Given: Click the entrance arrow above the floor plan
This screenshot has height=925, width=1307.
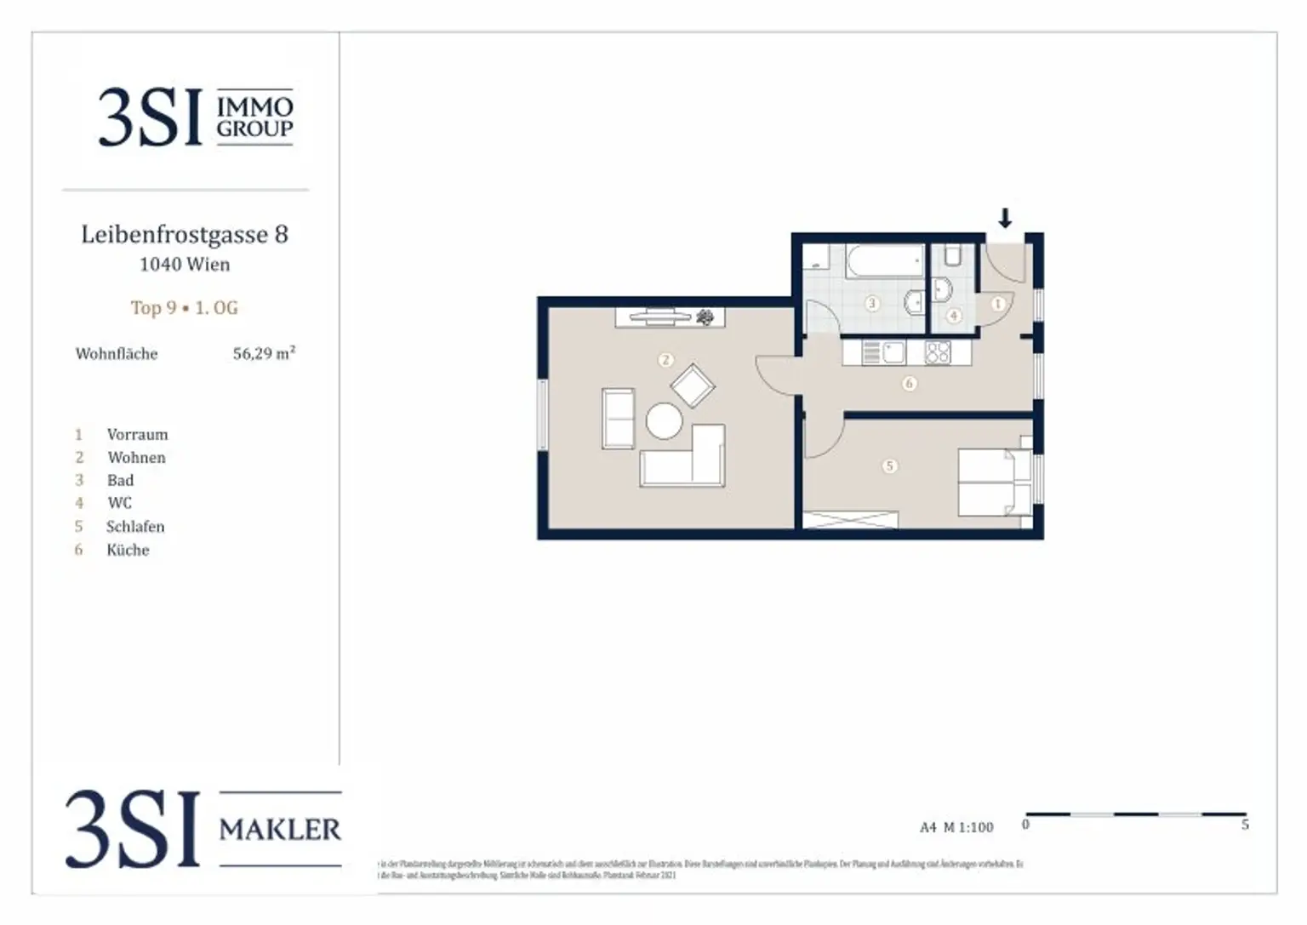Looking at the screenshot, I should click(1005, 218).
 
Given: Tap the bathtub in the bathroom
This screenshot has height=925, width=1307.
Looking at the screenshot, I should click(884, 260).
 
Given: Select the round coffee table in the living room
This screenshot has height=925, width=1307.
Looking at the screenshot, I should click(664, 420).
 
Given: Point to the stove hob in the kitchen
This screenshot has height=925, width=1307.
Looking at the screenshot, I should click(937, 352).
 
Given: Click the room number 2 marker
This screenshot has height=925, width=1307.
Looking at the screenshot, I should click(665, 361).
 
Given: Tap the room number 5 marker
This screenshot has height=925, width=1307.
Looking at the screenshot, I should click(889, 466).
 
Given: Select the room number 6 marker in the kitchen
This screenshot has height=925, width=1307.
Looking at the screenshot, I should click(909, 384).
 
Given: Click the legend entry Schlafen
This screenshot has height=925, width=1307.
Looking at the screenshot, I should click(135, 527).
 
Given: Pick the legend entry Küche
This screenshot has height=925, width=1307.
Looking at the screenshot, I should click(128, 551).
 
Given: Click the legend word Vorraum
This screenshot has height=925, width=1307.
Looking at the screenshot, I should click(137, 435).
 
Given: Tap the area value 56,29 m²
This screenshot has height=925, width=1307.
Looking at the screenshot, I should click(264, 353).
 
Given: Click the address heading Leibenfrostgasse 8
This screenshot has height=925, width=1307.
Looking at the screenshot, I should click(185, 234).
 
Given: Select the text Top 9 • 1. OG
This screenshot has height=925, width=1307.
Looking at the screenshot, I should click(185, 308).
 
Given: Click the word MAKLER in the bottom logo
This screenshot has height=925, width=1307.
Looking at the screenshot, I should click(280, 829).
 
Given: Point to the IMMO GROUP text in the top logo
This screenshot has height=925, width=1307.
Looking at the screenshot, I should click(254, 117).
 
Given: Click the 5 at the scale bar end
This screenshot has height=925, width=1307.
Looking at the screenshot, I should click(1245, 825).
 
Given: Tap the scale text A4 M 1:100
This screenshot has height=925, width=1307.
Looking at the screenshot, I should click(956, 827).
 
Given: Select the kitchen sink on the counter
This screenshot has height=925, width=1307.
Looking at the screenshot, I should click(893, 352).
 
